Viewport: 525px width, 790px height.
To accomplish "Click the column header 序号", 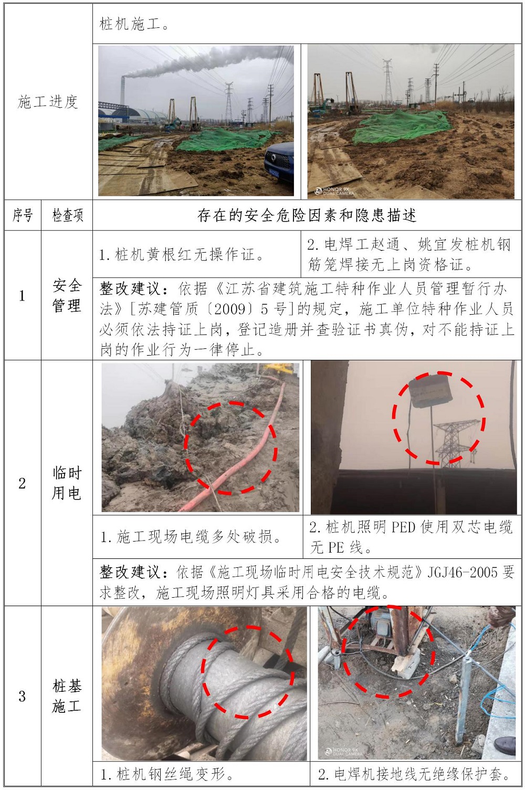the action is [x=23, y=215].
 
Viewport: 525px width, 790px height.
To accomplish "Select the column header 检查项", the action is [x=67, y=215].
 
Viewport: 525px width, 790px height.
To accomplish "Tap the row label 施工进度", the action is [x=48, y=102].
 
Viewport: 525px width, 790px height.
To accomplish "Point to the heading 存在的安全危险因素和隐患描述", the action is [x=307, y=215].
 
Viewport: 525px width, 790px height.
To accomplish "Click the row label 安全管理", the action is [x=67, y=296].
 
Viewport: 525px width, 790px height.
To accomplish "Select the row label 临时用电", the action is [x=67, y=483].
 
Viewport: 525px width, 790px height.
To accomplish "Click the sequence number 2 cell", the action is [x=22, y=483].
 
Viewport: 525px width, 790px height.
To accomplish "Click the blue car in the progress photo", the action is [x=279, y=163].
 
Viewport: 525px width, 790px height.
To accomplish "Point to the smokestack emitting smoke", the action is [x=122, y=90].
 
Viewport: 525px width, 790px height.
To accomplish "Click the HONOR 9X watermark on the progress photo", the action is [x=334, y=191].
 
